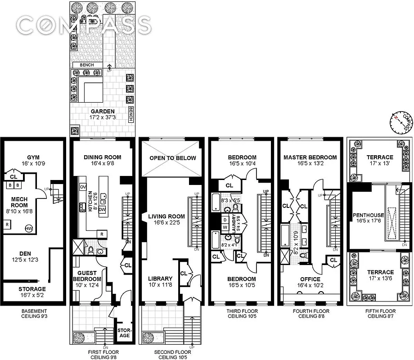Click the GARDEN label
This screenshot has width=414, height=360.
[x=102, y=112]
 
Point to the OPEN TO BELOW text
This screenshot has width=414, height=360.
[x=173, y=158]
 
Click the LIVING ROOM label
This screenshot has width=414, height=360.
[x=167, y=217]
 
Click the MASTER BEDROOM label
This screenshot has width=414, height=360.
[x=310, y=157]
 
